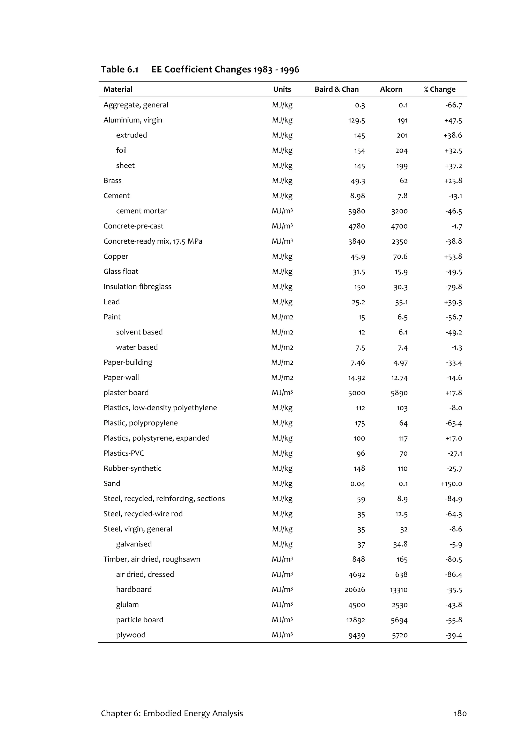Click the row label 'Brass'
pos(112,181)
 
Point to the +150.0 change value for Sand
pos(451,484)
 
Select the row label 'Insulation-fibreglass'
pos(137,287)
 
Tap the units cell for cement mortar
pos(282,211)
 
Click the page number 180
pos(460,713)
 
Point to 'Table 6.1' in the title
pos(120,70)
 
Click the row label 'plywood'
pos(131,635)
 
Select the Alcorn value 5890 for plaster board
pos(399,393)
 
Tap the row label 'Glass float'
pos(121,272)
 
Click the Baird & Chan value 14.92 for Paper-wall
pos(357,378)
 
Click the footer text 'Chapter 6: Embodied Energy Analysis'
pos(172,713)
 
